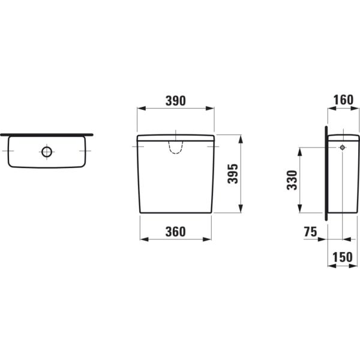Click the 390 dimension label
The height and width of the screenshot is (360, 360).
click(176, 101)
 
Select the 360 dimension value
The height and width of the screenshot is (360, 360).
click(176, 232)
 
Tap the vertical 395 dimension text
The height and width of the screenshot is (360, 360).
click(233, 174)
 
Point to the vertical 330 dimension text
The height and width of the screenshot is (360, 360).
click(292, 180)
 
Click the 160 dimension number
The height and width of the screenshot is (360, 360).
click(343, 100)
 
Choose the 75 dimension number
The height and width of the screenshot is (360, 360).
click(310, 232)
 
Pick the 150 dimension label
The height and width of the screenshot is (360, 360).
click(343, 257)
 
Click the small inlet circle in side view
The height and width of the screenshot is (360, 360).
click(343, 148)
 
